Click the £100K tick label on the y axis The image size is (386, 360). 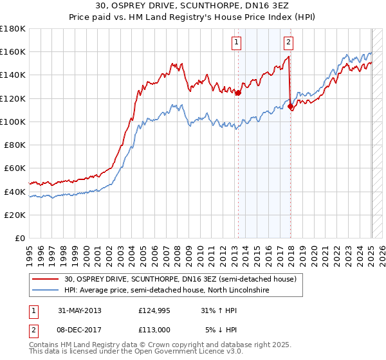(13, 122)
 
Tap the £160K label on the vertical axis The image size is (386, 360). (13, 51)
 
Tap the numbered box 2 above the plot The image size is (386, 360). (288, 43)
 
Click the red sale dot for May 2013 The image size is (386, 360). (238, 93)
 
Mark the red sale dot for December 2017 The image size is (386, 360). (290, 106)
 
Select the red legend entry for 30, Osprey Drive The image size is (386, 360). (180, 279)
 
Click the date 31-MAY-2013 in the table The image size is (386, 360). (80, 310)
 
